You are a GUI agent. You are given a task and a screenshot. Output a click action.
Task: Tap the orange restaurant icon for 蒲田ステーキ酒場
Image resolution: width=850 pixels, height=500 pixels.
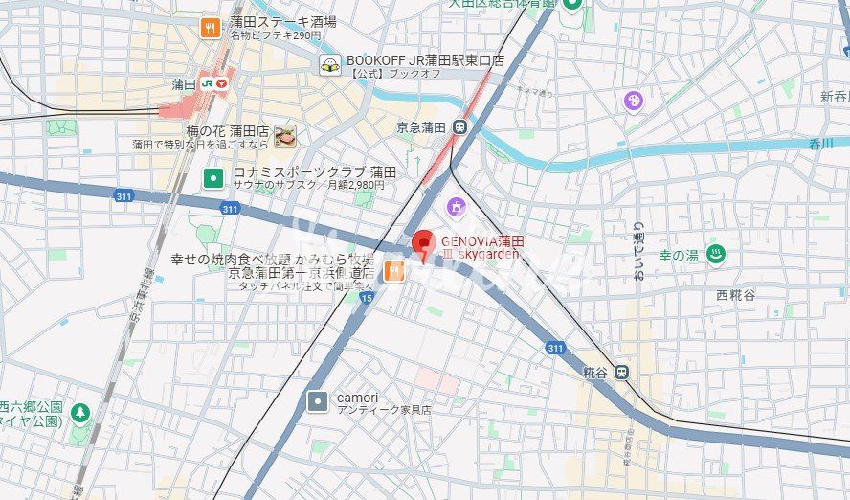[x=211, y=28]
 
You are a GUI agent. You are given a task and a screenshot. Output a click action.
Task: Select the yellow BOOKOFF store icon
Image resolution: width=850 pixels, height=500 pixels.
[x=330, y=65]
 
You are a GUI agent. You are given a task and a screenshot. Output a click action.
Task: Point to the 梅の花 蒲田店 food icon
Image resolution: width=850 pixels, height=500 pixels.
[x=284, y=136]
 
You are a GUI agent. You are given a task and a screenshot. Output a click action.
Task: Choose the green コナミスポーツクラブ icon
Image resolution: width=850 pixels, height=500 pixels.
[x=212, y=177]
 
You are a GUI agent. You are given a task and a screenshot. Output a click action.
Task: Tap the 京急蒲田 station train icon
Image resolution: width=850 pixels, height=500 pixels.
[x=460, y=126]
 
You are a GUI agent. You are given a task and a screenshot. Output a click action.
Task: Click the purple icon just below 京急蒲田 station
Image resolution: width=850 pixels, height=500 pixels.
[x=456, y=205]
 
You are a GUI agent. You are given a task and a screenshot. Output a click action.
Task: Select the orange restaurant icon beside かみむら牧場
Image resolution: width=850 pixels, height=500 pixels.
[x=393, y=272]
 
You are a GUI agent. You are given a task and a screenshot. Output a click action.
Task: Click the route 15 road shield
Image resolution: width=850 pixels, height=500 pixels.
[x=367, y=299]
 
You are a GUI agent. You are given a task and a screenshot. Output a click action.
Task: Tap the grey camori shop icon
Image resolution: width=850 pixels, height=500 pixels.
[x=317, y=401]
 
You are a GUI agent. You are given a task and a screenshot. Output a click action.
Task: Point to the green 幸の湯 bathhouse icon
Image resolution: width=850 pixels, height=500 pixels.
[x=714, y=255]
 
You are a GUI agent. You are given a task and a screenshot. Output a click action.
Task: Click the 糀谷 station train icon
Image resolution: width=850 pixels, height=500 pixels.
[x=623, y=372]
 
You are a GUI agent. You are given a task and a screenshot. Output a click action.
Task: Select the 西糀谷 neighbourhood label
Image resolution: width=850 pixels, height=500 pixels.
[x=735, y=295]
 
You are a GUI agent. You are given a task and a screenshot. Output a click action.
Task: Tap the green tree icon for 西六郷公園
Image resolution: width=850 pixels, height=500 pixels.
[x=80, y=413]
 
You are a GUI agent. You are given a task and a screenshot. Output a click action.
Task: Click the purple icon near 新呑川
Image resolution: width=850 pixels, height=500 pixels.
[x=633, y=101]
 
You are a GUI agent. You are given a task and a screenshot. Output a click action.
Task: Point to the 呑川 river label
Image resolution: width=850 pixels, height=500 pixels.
[x=820, y=144]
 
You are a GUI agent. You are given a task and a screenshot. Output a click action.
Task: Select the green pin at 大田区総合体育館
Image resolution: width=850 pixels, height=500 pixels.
[x=572, y=5]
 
